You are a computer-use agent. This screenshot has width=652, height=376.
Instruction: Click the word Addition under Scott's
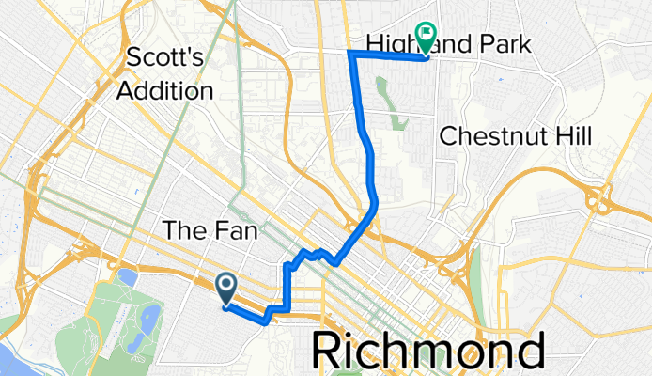tap(165, 91)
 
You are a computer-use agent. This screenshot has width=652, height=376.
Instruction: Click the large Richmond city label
tap(427, 352)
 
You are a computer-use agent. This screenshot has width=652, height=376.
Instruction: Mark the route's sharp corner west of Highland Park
tap(350, 53)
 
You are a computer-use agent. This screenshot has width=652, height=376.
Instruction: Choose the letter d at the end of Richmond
tap(529, 352)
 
